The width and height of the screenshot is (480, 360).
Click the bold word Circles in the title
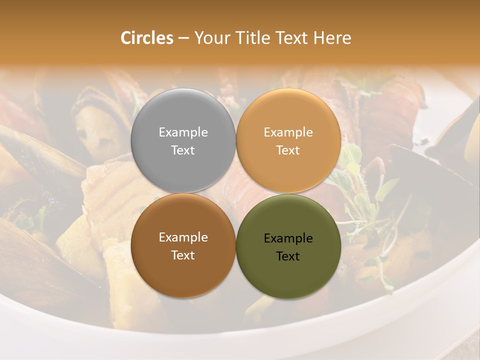point(146,38)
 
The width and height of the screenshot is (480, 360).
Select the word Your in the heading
point(210,38)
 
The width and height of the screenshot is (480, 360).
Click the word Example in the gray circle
point(183,132)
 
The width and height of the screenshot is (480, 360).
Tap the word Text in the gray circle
point(183,150)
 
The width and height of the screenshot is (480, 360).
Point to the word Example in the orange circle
point(288,132)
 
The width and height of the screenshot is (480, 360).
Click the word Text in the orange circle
point(288,150)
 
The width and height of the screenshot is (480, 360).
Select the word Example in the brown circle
point(183,237)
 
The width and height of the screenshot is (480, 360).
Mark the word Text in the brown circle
point(183,255)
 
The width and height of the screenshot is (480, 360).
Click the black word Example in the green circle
point(288,238)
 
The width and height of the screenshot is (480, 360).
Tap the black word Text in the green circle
point(288,256)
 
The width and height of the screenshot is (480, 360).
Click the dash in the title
point(183,38)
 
